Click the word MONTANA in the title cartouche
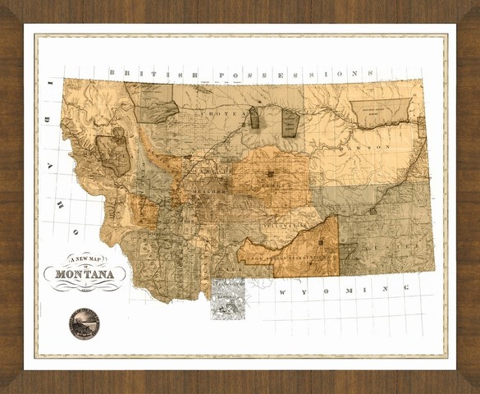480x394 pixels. [85, 274]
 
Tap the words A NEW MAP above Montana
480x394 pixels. [85, 259]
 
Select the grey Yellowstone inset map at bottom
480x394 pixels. [228, 297]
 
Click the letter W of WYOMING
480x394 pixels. [281, 293]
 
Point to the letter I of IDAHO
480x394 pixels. [49, 84]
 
